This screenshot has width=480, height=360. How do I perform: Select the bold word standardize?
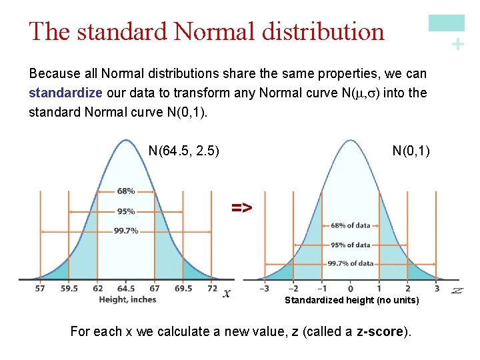pos(65,93)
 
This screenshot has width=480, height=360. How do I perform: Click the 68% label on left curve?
pos(126,191)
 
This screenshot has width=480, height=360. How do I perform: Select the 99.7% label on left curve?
pos(126,231)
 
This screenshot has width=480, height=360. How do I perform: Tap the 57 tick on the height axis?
pos(41,289)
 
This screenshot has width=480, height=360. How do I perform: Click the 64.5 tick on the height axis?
pos(126,289)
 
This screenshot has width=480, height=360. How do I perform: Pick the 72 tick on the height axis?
pos(212,289)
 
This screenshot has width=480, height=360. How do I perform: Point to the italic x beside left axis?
pos(227,293)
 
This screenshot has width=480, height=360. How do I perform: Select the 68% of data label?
pos(350,225)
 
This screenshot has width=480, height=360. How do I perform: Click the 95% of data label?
pos(350,245)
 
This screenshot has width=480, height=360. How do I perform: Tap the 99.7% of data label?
pos(350,263)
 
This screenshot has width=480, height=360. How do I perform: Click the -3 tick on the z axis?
pos(264,289)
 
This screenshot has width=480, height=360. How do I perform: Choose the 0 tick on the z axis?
pos(351,289)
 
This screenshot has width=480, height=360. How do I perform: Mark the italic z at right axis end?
pos(457,290)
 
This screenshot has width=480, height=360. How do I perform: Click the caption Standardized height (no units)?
pos(352,301)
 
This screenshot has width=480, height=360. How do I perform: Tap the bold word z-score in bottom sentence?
pos(379,331)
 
